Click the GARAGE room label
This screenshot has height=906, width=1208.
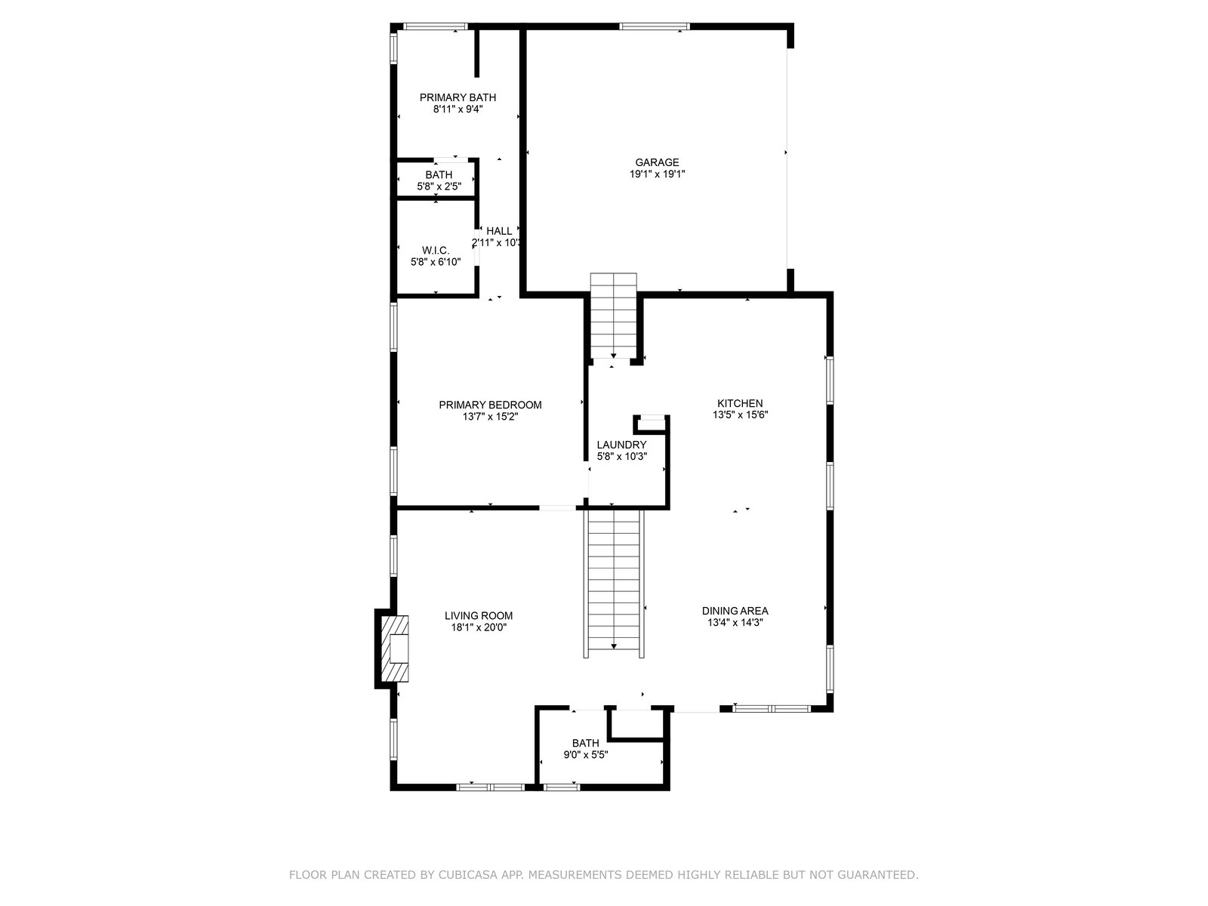pyautogui.click(x=657, y=162)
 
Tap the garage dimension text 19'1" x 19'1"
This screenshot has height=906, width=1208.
pyautogui.click(x=657, y=174)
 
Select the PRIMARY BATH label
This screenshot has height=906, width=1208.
pyautogui.click(x=458, y=97)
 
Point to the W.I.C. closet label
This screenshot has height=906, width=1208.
pyautogui.click(x=436, y=251)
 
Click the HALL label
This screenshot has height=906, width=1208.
pyautogui.click(x=498, y=231)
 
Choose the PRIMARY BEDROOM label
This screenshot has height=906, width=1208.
pyautogui.click(x=490, y=405)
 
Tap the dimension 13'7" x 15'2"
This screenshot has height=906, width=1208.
pyautogui.click(x=490, y=417)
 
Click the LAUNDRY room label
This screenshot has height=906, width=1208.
pyautogui.click(x=621, y=445)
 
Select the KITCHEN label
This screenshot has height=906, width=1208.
pyautogui.click(x=740, y=403)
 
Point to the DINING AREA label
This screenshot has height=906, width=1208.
pyautogui.click(x=735, y=611)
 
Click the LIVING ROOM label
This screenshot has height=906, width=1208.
pyautogui.click(x=478, y=616)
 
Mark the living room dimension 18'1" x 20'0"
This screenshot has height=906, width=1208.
pyautogui.click(x=478, y=627)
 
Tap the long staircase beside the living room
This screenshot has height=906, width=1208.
pyautogui.click(x=614, y=584)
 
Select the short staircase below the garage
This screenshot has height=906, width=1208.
pyautogui.click(x=613, y=316)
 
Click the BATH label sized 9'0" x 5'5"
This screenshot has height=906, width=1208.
pyautogui.click(x=585, y=743)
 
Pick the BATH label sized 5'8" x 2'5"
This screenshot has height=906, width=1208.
pyautogui.click(x=439, y=175)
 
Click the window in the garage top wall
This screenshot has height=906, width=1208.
pyautogui.click(x=655, y=26)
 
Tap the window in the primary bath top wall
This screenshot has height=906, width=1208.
pyautogui.click(x=436, y=26)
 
